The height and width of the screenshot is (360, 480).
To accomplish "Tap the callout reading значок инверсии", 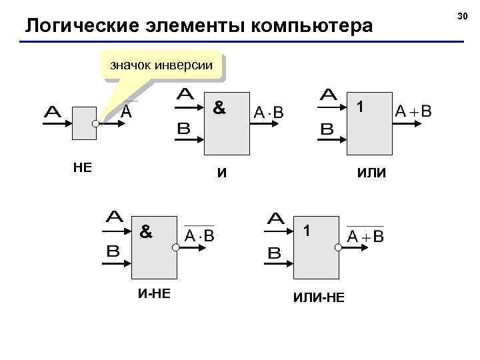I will [x=161, y=65].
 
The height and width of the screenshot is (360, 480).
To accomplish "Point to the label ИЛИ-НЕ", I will [x=319, y=296].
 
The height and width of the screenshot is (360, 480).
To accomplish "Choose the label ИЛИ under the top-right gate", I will [x=371, y=173].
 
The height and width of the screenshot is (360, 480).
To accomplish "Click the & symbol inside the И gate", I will [x=218, y=106].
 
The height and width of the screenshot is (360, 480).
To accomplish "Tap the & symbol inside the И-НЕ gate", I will [x=146, y=231].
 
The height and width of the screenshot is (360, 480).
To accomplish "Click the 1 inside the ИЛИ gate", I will [x=359, y=106].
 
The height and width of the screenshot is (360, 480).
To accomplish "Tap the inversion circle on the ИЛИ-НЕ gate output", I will [x=338, y=247].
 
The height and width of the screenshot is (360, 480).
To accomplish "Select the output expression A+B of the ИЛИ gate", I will [x=413, y=111].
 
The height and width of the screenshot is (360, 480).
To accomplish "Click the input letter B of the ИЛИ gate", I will [x=327, y=130].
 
